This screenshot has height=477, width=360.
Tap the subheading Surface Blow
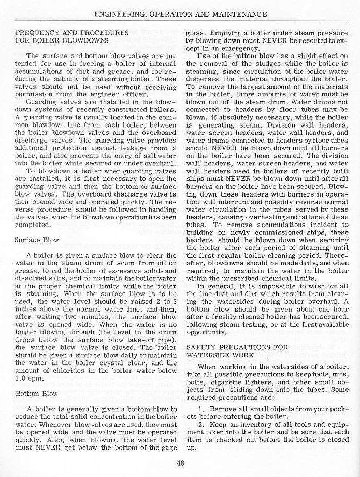(x=37, y=241)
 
